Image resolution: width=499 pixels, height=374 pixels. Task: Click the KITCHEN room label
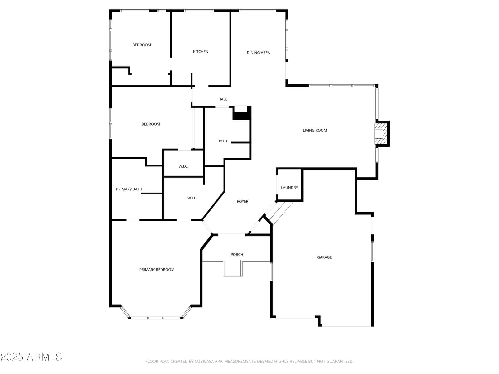pos(201,52)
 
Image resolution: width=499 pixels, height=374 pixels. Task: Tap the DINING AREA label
pos(258,53)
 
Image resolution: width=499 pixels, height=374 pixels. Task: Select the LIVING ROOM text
pos(315,130)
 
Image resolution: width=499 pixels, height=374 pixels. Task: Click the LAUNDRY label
pos(289,188)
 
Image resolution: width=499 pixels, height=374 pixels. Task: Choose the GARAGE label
pos(324,257)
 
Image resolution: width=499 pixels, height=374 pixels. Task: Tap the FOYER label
pos(243,201)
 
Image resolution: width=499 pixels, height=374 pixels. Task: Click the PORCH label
pos(237,255)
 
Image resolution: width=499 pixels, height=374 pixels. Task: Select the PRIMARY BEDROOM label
pos(157,270)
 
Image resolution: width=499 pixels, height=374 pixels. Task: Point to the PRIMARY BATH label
pos(129,189)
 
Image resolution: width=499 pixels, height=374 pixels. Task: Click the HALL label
pos(223,99)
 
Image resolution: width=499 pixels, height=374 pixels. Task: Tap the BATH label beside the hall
pos(222,141)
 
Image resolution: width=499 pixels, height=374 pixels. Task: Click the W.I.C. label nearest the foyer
pos(192,198)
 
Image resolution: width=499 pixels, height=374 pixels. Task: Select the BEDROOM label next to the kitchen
pos(142,45)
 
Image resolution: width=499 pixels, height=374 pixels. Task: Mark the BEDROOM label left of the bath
pos(151,124)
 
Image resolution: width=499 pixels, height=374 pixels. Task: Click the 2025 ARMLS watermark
pos(31,357)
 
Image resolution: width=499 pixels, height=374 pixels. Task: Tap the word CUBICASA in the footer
pos(203,361)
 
